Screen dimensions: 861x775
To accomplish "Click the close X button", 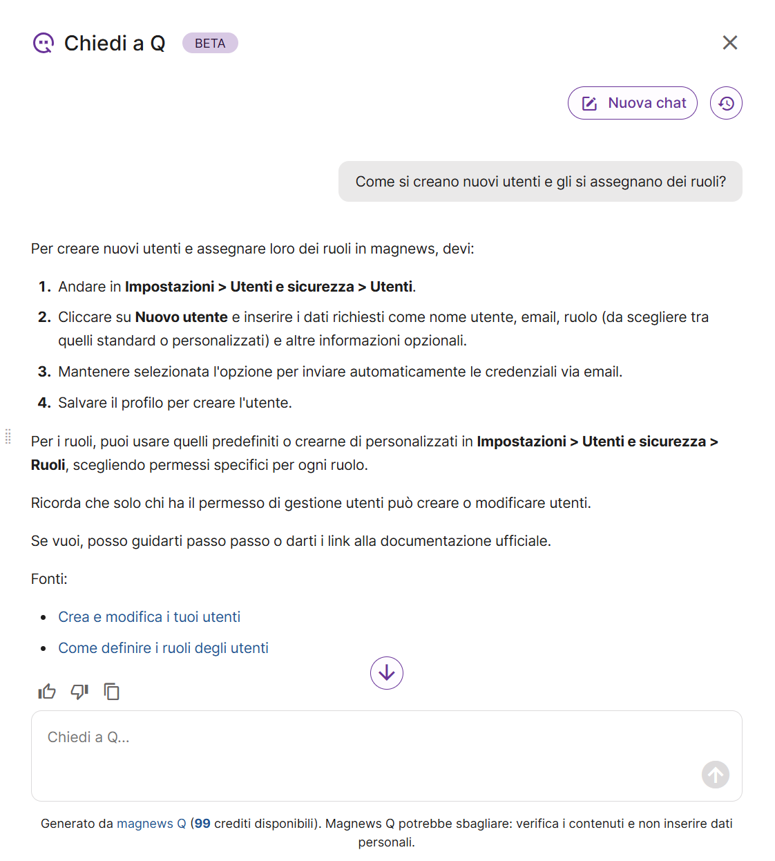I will tap(729, 43).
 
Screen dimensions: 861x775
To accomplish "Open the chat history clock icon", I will tap(726, 103).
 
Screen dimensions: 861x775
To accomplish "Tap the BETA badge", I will tap(210, 44).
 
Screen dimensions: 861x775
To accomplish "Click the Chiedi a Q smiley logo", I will tap(44, 44).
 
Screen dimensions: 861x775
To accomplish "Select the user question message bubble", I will tap(540, 182).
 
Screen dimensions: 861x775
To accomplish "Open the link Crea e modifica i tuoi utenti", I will tap(149, 617).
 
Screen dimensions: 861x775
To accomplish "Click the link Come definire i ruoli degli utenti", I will tap(163, 648).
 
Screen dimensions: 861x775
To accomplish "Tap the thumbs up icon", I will tap(47, 692).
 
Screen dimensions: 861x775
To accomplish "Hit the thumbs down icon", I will tap(79, 692).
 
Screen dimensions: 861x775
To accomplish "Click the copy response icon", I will tap(111, 692).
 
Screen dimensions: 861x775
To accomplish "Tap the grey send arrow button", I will tap(716, 775).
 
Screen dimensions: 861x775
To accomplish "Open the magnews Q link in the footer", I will tap(151, 824).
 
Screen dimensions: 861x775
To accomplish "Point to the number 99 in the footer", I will tap(202, 824).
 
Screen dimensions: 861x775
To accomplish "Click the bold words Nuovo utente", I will tap(181, 317).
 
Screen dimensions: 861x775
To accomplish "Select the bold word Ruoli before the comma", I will tap(48, 465).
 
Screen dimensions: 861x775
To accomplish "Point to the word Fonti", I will tap(48, 579).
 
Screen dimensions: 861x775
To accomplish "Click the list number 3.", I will tap(44, 372).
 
